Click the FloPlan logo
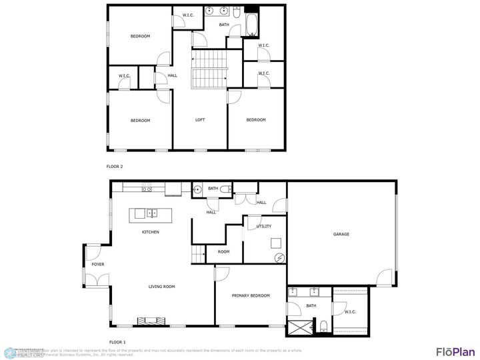click(x=455, y=351)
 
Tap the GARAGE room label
click(x=341, y=234)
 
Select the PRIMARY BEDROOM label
click(x=251, y=295)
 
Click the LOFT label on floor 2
click(x=200, y=120)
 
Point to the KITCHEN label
click(x=150, y=232)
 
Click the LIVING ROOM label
click(x=161, y=287)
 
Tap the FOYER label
click(x=98, y=265)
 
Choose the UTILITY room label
click(x=264, y=227)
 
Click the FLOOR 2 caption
click(x=115, y=167)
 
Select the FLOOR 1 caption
click(x=117, y=341)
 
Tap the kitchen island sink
click(x=152, y=214)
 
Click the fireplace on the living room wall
click(x=151, y=321)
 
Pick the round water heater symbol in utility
click(x=279, y=258)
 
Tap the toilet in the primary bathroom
click(x=323, y=325)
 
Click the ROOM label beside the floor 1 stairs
click(x=223, y=252)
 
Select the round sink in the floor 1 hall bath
click(x=198, y=190)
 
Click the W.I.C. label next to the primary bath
click(x=351, y=312)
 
